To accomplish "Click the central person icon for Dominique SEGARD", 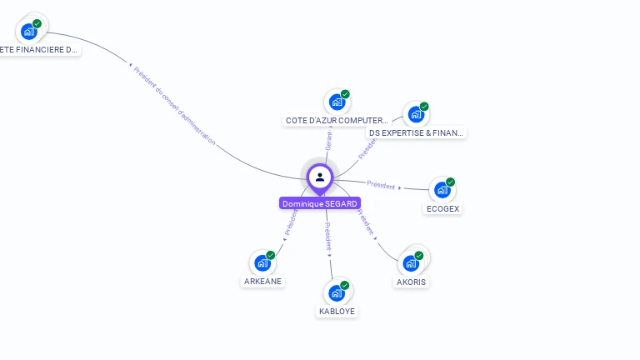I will (320, 177).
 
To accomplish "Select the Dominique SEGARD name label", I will (320, 203).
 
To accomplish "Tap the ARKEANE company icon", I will (262, 263).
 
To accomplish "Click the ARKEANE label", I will (263, 282).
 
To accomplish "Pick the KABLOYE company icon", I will (337, 292).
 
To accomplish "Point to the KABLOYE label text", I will (337, 312).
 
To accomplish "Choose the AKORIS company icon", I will (411, 263).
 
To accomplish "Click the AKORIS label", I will (412, 282).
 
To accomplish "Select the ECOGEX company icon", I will (442, 190).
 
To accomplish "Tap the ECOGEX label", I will (442, 209).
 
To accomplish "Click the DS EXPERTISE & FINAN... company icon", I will (416, 114).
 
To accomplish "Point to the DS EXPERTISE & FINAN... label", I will (416, 132).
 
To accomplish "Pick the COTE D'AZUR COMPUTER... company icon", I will (337, 102).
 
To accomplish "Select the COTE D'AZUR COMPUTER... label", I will (337, 121).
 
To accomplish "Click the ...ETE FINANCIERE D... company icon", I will (29, 32).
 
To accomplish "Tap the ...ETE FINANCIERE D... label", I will (38, 50).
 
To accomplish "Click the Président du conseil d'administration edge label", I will (174, 106).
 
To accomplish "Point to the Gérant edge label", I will (329, 141).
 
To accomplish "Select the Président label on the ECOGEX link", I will (382, 185).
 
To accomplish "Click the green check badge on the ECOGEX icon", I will (450, 182).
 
